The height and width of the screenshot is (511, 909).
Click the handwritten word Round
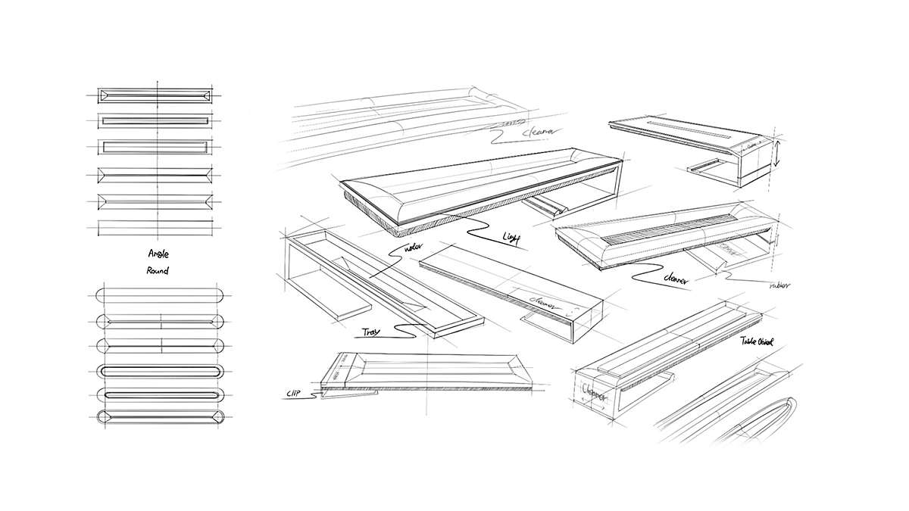coord(158,270)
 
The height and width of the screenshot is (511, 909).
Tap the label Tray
coord(370,332)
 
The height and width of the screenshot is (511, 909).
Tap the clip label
coord(295,393)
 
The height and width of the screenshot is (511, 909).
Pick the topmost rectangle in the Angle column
coord(156,96)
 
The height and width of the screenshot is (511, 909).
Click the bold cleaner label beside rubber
coord(675,279)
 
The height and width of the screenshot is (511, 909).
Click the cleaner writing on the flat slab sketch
coord(544,301)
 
